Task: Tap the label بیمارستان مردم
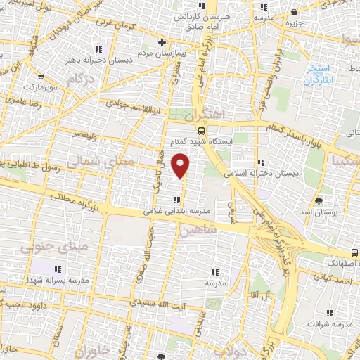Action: coord(136,53)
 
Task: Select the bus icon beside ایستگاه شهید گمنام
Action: coord(202,130)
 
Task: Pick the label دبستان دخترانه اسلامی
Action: coord(260,172)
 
